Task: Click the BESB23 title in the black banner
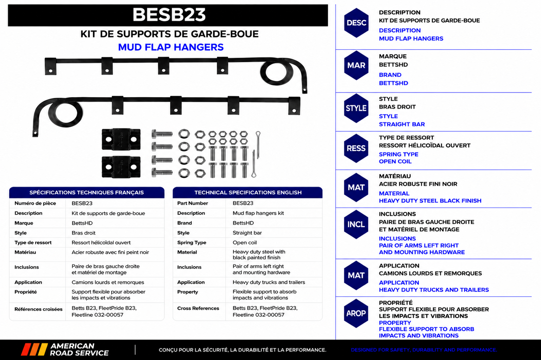tap(169, 15)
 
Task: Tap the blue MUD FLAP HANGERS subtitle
tap(171, 47)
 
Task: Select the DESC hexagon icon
tap(356, 23)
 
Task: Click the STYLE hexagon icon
tap(356, 108)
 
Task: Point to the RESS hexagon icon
tap(356, 148)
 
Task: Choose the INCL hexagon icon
tap(356, 224)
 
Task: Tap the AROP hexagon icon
tap(356, 313)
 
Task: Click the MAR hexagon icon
tap(356, 65)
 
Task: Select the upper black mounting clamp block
tap(121, 139)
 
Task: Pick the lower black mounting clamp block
tap(121, 167)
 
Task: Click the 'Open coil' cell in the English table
tap(245, 242)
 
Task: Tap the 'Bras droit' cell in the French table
tap(83, 233)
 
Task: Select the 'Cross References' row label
tap(198, 308)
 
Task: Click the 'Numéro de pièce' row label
tap(35, 203)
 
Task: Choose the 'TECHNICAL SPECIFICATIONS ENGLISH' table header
tap(248, 192)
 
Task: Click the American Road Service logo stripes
tap(34, 349)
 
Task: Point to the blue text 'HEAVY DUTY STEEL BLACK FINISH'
tap(430, 201)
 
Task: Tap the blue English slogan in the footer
tap(424, 350)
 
